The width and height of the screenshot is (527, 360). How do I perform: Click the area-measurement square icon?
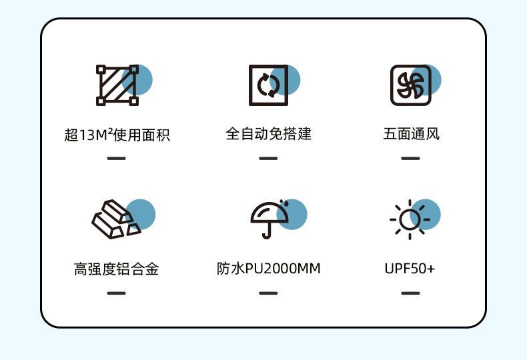117,85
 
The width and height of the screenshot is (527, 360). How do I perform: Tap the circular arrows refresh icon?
268,85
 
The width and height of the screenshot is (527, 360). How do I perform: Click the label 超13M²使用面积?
117,135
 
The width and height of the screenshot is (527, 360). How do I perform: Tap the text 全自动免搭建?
268,134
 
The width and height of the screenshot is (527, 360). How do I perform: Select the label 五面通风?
412,134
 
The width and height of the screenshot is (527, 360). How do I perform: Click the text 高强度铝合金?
117,269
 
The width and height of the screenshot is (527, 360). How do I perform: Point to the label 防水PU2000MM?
268,269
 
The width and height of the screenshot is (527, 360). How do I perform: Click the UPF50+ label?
410,269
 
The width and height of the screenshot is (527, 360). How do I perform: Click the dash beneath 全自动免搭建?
268,159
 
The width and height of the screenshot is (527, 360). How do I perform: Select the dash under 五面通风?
410,159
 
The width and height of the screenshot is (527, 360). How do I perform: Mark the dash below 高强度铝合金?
116,293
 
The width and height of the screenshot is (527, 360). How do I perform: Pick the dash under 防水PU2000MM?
268,293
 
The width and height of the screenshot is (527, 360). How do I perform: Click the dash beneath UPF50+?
410,293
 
